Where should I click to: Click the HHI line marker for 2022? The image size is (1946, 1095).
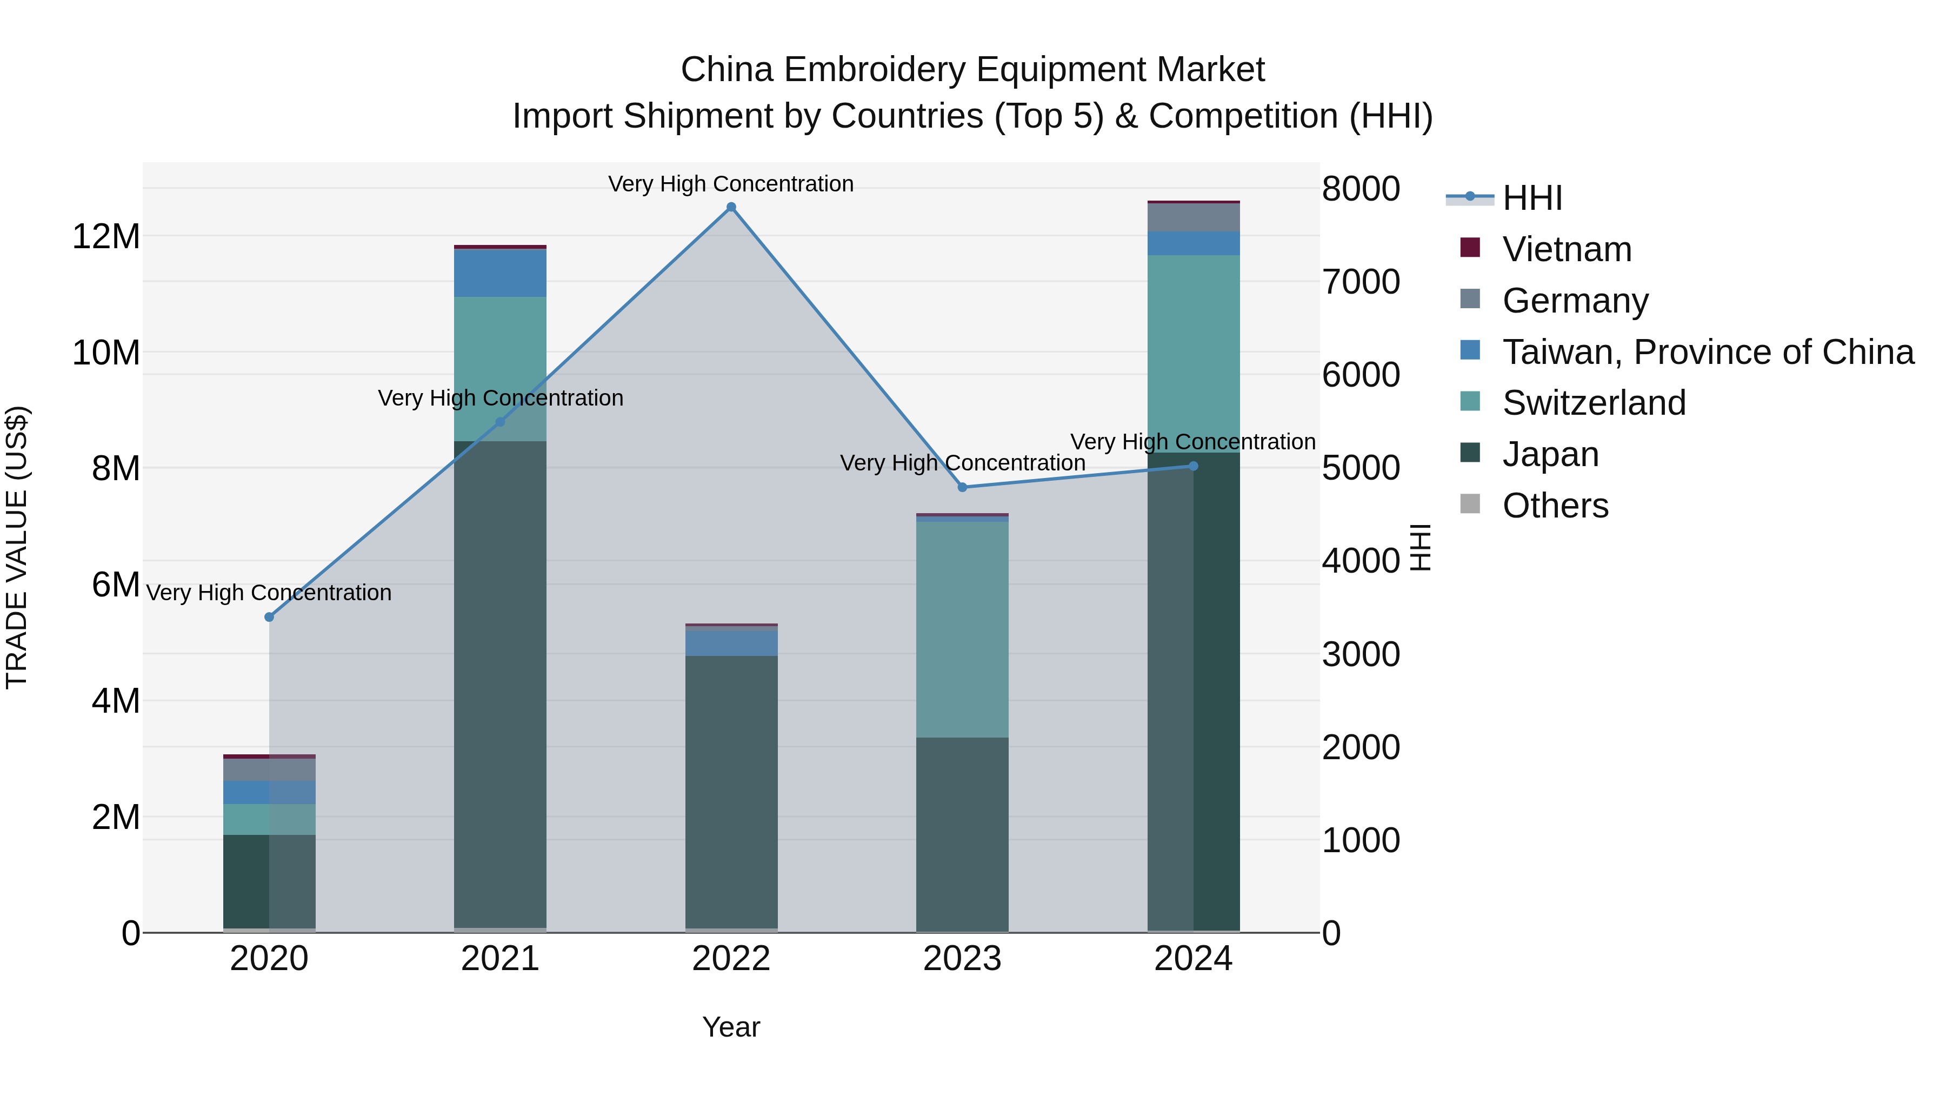730,207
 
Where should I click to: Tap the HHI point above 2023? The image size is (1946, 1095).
962,487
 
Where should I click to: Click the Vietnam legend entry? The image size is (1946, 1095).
1566,249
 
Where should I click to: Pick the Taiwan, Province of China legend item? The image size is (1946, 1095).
1707,352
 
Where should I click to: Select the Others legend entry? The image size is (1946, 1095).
1555,506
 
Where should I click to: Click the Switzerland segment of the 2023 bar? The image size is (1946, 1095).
962,629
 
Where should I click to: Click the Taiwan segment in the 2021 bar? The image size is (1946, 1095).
499,273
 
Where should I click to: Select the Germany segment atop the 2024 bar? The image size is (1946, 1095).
1193,217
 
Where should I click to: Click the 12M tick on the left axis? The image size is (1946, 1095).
106,236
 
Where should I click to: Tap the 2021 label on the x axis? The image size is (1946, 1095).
499,959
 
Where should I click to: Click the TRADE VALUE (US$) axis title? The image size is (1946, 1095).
17,547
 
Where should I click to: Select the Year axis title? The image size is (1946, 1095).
730,1027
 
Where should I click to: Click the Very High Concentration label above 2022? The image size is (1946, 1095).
730,184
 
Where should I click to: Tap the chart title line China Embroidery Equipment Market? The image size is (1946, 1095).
972,70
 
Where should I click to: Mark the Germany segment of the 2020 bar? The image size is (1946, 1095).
269,769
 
